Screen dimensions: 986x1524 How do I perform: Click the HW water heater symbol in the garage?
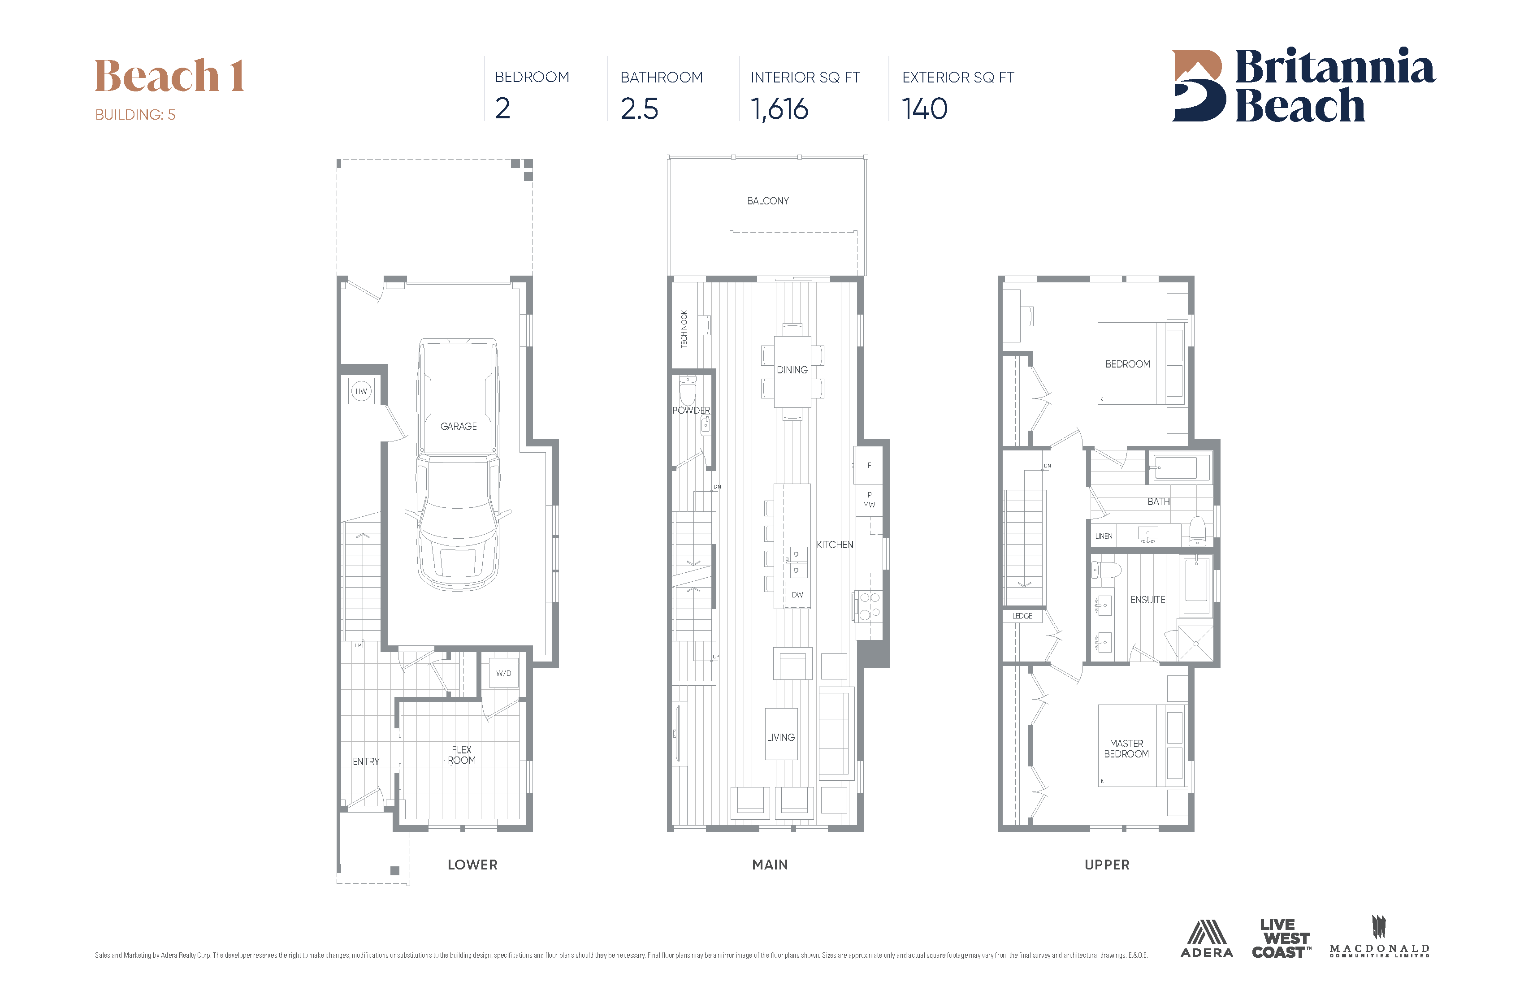click(361, 391)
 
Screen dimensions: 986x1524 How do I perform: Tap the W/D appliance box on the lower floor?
click(503, 673)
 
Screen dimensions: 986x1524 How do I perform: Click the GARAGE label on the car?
click(459, 426)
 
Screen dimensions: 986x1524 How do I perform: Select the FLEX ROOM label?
click(462, 755)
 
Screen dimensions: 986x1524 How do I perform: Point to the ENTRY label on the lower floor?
click(366, 761)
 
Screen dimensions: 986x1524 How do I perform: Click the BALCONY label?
click(768, 201)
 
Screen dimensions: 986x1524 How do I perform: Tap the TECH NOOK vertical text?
click(684, 329)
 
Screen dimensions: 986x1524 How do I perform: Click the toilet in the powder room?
click(687, 390)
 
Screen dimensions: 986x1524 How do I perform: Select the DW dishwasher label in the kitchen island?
click(797, 595)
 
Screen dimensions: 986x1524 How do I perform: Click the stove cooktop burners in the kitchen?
click(869, 605)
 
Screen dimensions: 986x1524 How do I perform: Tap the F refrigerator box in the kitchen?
click(869, 466)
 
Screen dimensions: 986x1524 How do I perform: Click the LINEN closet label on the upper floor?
click(1103, 536)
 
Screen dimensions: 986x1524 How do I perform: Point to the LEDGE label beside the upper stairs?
click(1022, 616)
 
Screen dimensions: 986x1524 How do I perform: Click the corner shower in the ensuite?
click(1195, 644)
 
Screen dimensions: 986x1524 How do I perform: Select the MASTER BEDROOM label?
click(1126, 748)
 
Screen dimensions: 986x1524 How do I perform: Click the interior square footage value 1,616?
click(779, 109)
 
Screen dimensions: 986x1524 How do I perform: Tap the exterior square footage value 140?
click(925, 109)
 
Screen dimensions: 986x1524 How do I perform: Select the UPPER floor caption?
click(1107, 865)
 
